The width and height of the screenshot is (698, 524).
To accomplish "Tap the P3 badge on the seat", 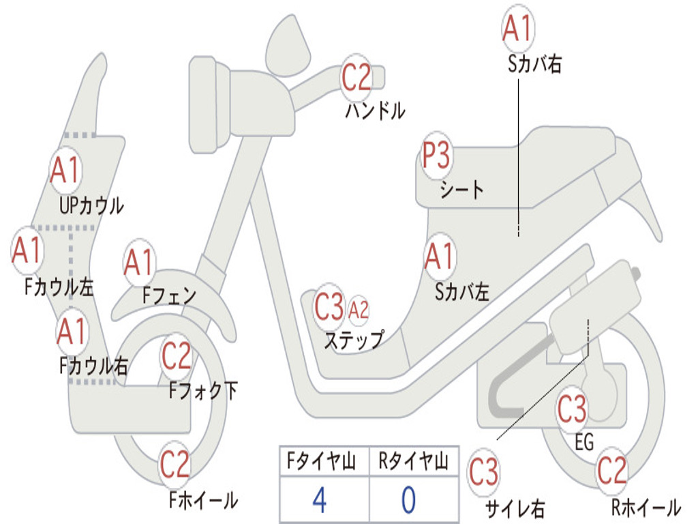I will pos(436,156).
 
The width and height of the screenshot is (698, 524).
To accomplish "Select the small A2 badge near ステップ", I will pos(359,310).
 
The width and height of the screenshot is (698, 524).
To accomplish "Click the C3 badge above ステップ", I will pos(329,308).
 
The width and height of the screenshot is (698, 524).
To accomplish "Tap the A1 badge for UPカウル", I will pos(65,171).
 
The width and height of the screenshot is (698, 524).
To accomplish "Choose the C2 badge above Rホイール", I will pos(611,470).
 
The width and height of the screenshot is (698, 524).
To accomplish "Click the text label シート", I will pos(461,189).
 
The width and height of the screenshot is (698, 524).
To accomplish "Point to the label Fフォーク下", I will pos(203,391).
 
